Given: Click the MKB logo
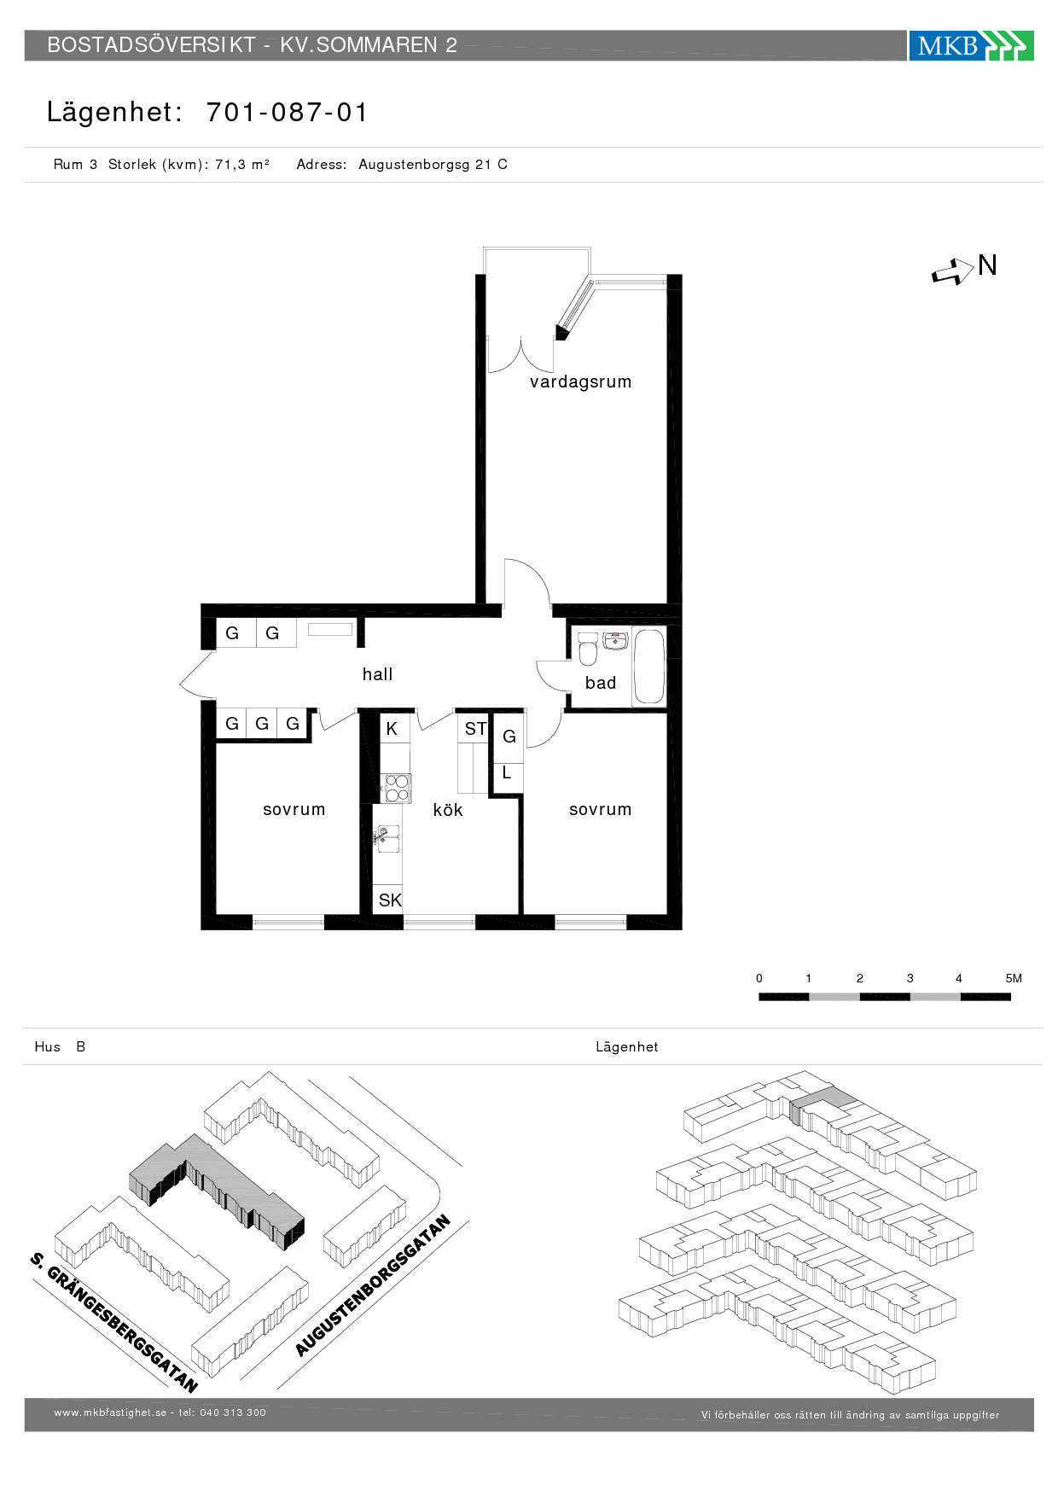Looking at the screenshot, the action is tap(971, 45).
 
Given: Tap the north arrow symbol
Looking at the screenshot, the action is tap(953, 272).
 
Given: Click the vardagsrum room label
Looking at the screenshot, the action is tap(580, 382).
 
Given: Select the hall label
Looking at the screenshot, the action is tap(377, 674).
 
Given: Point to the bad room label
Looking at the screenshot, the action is tap(601, 683).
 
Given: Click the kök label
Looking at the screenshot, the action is tap(448, 810).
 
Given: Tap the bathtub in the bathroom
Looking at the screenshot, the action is tap(649, 667).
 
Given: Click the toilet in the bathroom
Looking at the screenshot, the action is tap(588, 649).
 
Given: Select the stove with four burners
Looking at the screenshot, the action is tap(396, 788).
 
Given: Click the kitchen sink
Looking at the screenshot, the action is tap(388, 840).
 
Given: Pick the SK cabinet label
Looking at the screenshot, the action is tap(390, 900).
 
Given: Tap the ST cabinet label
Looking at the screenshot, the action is tap(475, 729).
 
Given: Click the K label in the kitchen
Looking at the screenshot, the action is tap(392, 729).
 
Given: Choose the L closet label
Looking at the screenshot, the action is tap(507, 773).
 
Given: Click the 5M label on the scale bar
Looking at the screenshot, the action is tap(1014, 979).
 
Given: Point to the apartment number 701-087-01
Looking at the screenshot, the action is tap(287, 113).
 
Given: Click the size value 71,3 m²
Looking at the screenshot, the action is tap(242, 165).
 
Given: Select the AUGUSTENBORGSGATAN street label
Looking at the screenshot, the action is tap(373, 1285).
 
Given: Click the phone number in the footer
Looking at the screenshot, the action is tap(233, 1413).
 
